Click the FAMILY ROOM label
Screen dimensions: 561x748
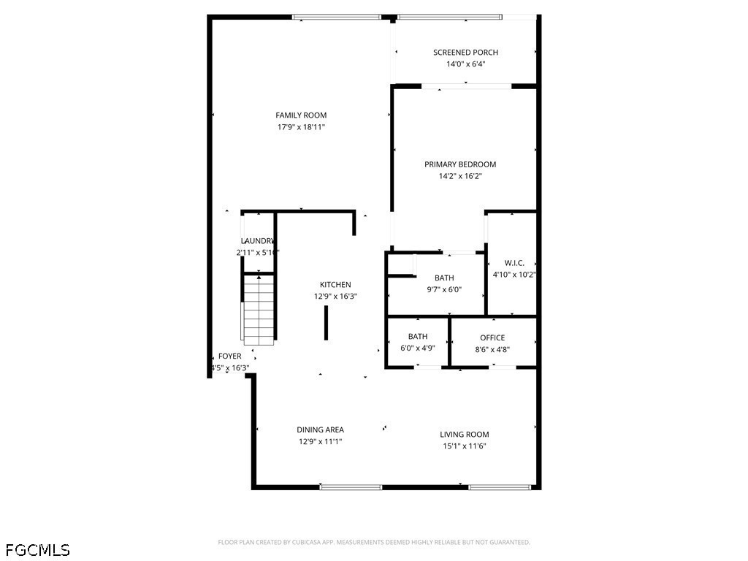pyautogui.click(x=301, y=115)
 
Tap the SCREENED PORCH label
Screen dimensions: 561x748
pyautogui.click(x=465, y=53)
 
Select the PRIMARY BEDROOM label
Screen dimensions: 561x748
pyautogui.click(x=460, y=164)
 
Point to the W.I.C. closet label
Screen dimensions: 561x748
pyautogui.click(x=514, y=263)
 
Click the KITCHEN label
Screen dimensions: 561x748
pyautogui.click(x=335, y=285)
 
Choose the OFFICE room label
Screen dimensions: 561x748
pyautogui.click(x=492, y=337)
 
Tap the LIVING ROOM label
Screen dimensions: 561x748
pyautogui.click(x=465, y=435)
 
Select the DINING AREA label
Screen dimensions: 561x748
pyautogui.click(x=320, y=430)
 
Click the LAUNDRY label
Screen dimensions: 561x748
pyautogui.click(x=257, y=241)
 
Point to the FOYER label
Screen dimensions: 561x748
pyautogui.click(x=230, y=356)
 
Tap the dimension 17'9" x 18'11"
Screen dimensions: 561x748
pyautogui.click(x=301, y=127)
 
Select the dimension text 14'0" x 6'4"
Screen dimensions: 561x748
pyautogui.click(x=465, y=64)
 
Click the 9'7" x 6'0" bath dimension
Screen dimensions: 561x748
pyautogui.click(x=444, y=289)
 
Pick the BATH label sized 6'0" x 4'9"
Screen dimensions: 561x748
pyautogui.click(x=418, y=337)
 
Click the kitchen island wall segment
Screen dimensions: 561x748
pyautogui.click(x=326, y=323)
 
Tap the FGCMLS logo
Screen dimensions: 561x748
pyautogui.click(x=38, y=549)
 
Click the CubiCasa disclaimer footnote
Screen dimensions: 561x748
pyautogui.click(x=374, y=542)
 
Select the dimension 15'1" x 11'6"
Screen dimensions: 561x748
pyautogui.click(x=465, y=446)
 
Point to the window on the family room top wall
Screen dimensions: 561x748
pyautogui.click(x=336, y=17)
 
